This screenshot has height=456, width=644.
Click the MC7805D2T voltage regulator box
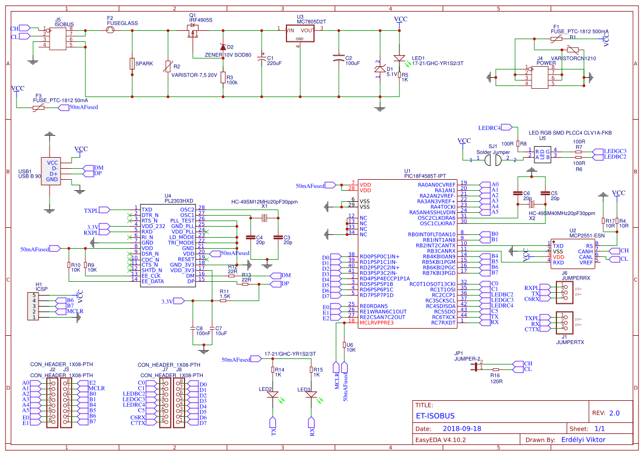pyautogui.click(x=299, y=34)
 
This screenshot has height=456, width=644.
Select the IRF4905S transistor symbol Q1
pyautogui.click(x=193, y=33)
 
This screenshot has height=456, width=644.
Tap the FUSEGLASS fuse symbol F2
pyautogui.click(x=110, y=31)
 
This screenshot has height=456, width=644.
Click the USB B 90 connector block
pyautogui.click(x=52, y=171)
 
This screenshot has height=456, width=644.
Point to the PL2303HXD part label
pyautogui.click(x=179, y=201)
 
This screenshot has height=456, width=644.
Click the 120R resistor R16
pyautogui.click(x=495, y=369)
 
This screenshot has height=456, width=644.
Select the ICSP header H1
pyautogui.click(x=33, y=306)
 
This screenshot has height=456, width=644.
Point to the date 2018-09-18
pyautogui.click(x=462, y=428)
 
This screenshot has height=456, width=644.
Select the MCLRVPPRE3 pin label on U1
pyautogui.click(x=377, y=323)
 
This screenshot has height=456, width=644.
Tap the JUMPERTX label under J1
pyautogui.click(x=570, y=342)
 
